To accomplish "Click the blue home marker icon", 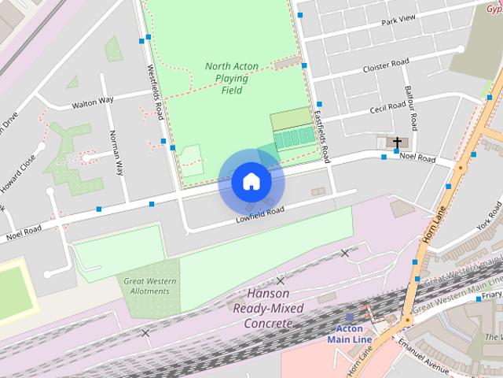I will [x=251, y=181].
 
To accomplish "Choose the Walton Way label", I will [x=93, y=102].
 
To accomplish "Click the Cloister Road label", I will [x=386, y=65].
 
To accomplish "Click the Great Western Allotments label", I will [x=148, y=286].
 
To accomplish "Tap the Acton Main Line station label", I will [x=350, y=334].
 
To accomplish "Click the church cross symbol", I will [x=398, y=143].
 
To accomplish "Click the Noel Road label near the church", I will [x=417, y=157].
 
